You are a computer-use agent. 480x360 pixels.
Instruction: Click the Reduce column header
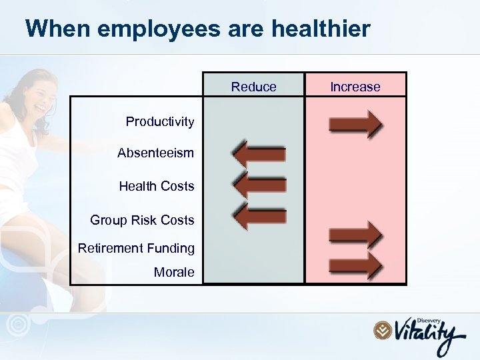tap(253, 87)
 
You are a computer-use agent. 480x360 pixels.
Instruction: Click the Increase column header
tap(355, 87)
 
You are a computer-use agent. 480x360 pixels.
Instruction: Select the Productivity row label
tap(160, 121)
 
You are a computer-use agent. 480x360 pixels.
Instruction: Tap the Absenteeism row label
tap(155, 153)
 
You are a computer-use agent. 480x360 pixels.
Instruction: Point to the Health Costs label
tap(157, 186)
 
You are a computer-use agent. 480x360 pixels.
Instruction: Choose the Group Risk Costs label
tap(142, 220)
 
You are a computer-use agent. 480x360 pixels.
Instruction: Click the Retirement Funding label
tap(136, 248)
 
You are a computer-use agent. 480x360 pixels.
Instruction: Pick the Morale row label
tap(174, 271)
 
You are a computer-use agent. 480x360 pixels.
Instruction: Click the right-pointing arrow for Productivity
tap(355, 124)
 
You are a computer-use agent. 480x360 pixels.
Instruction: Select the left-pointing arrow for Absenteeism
tap(259, 154)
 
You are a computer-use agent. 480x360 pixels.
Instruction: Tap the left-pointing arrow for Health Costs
tap(259, 185)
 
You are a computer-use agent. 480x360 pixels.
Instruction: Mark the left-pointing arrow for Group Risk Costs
tap(259, 215)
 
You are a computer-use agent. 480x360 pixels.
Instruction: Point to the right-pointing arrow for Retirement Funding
tap(355, 235)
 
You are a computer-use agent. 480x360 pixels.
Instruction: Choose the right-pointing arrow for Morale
tap(355, 265)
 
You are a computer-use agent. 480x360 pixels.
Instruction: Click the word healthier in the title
tap(321, 29)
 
